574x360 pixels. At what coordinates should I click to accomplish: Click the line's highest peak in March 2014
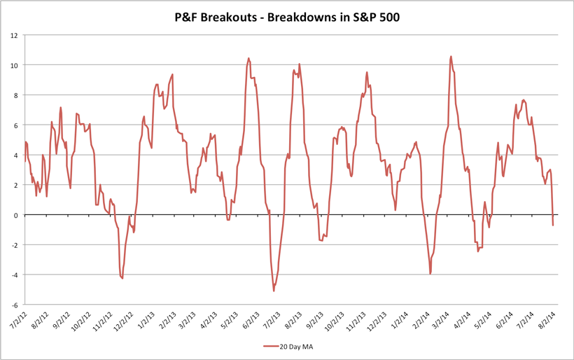tap(451, 57)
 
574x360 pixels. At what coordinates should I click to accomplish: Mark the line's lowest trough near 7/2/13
tap(274, 291)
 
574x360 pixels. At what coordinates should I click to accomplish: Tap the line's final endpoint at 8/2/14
tap(553, 225)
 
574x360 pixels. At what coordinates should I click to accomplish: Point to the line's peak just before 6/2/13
tap(248, 59)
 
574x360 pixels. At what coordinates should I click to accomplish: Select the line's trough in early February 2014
tap(430, 274)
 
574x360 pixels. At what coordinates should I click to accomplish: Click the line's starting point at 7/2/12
tap(25, 162)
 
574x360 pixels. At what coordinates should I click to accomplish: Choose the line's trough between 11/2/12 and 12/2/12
tap(122, 279)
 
